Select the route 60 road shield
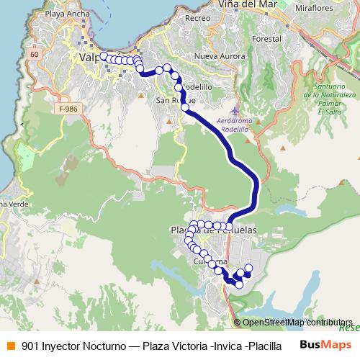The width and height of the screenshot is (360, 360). (35, 55)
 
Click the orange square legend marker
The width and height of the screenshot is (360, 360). (9, 345)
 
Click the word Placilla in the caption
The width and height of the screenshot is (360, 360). (264, 346)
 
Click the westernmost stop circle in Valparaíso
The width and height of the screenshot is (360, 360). (104, 56)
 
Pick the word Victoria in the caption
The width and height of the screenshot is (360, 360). (189, 346)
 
